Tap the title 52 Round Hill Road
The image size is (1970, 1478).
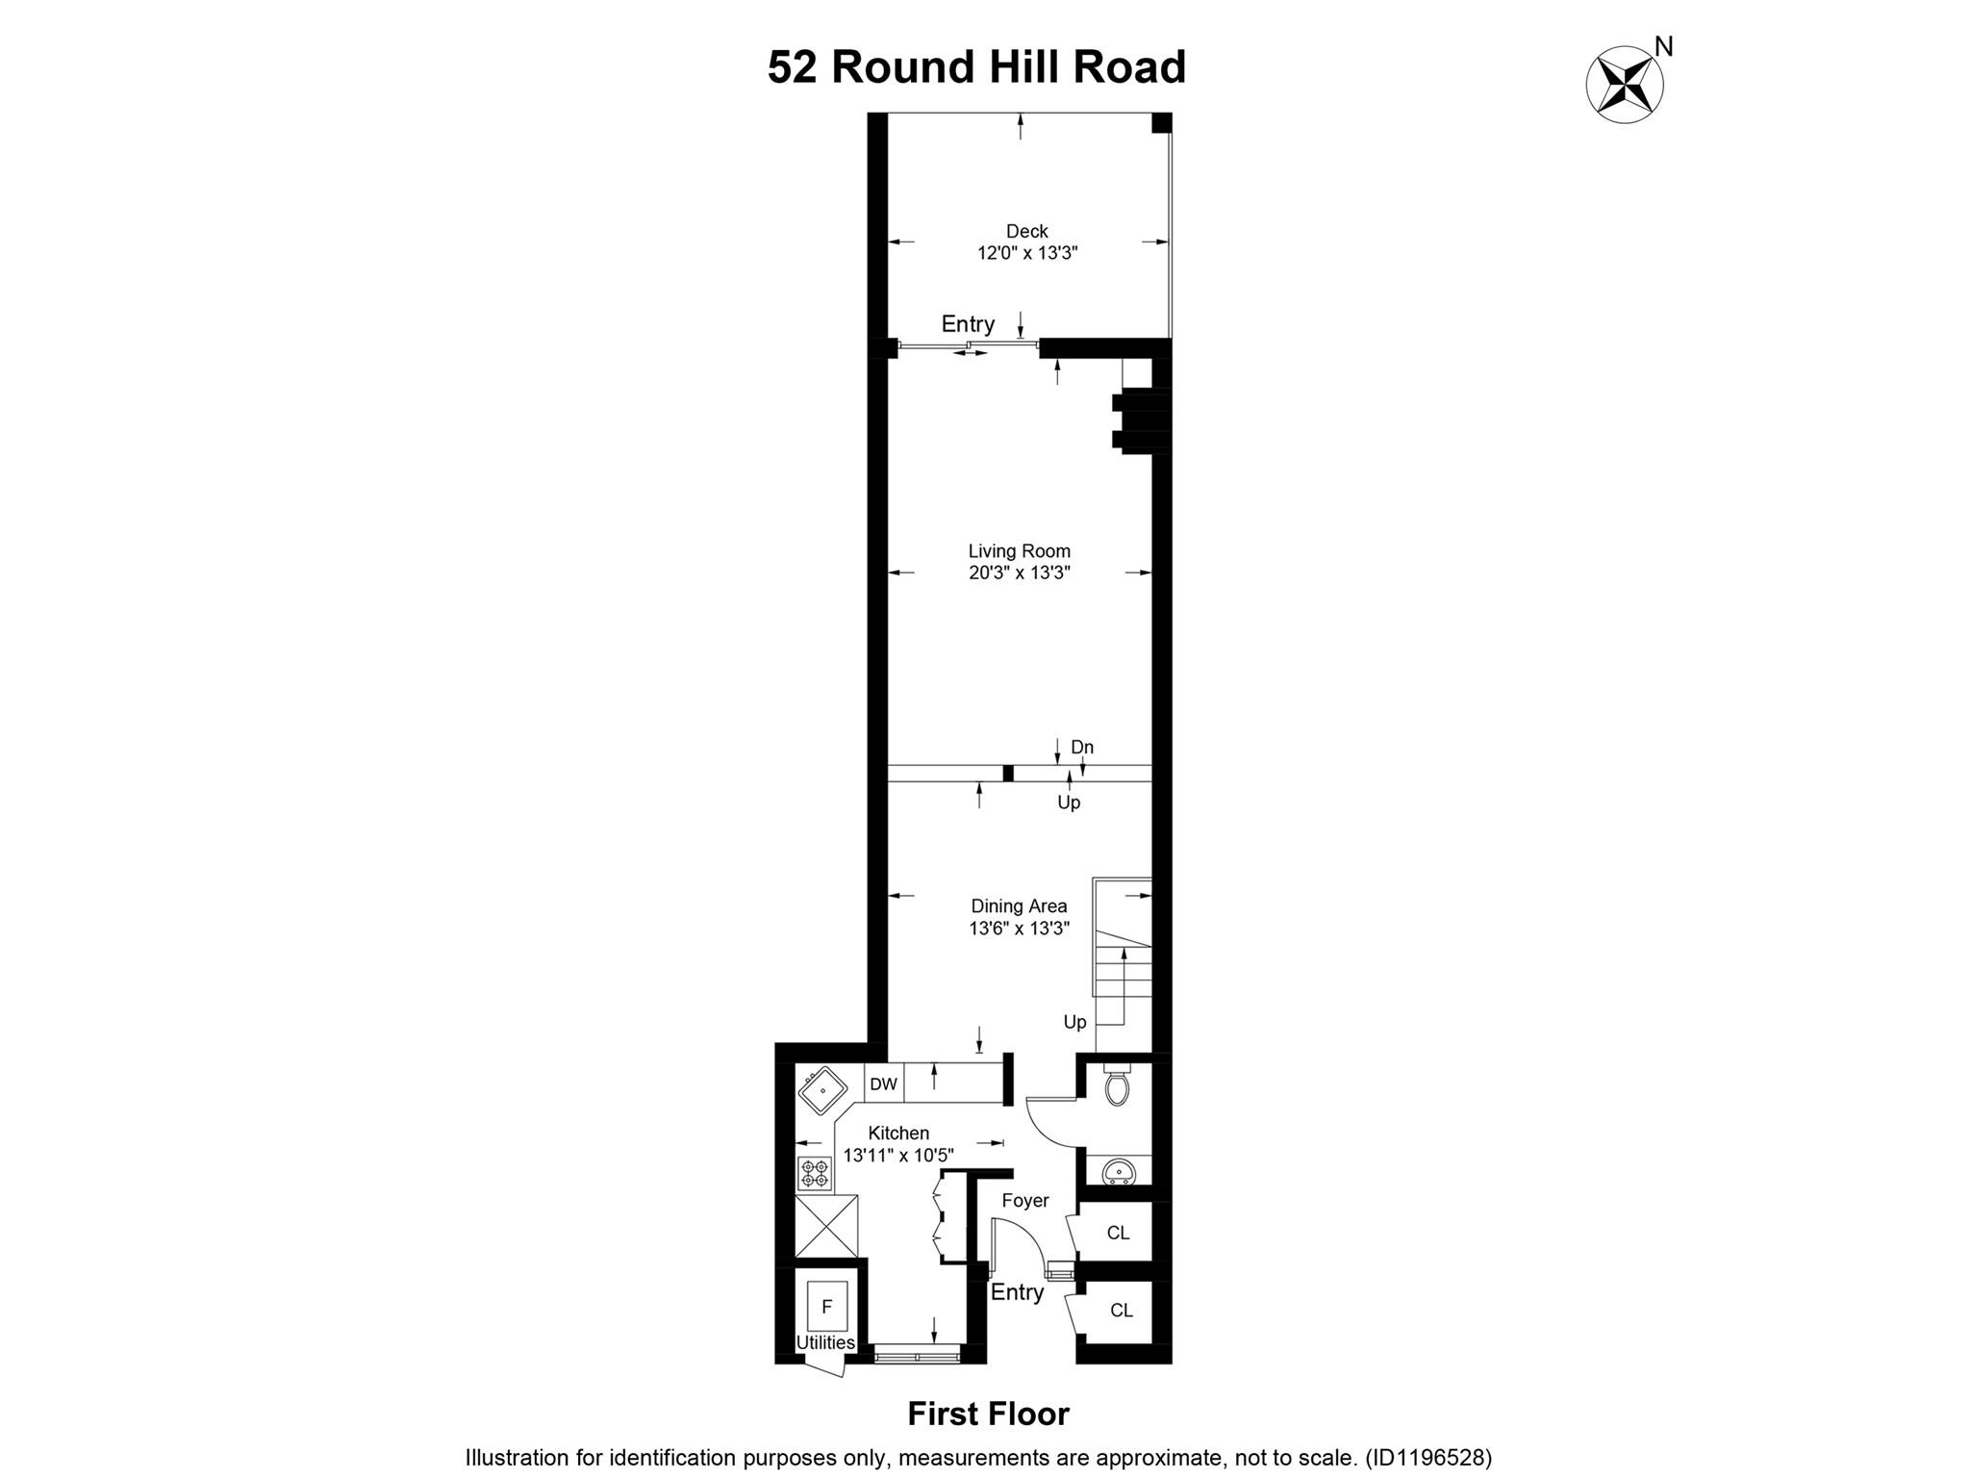point(976,67)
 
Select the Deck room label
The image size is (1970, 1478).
point(1027,231)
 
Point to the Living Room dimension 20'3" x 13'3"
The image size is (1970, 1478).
point(1020,573)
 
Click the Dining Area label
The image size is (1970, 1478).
point(1019,905)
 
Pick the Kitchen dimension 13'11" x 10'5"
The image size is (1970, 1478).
point(898,1155)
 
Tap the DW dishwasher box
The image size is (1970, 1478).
point(883,1083)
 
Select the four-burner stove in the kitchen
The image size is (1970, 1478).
point(815,1173)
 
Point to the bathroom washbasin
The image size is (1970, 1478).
point(1118,1170)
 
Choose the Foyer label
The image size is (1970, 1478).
point(1025,1201)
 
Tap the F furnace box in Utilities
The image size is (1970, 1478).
point(826,1307)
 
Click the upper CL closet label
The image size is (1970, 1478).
point(1118,1233)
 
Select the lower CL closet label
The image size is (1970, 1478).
point(1122,1310)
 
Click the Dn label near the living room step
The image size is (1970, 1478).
point(1082,748)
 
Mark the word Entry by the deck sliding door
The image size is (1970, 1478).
point(968,323)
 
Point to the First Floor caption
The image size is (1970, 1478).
point(989,1414)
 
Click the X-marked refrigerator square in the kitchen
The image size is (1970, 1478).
point(826,1225)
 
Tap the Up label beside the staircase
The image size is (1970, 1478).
point(1074,1022)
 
